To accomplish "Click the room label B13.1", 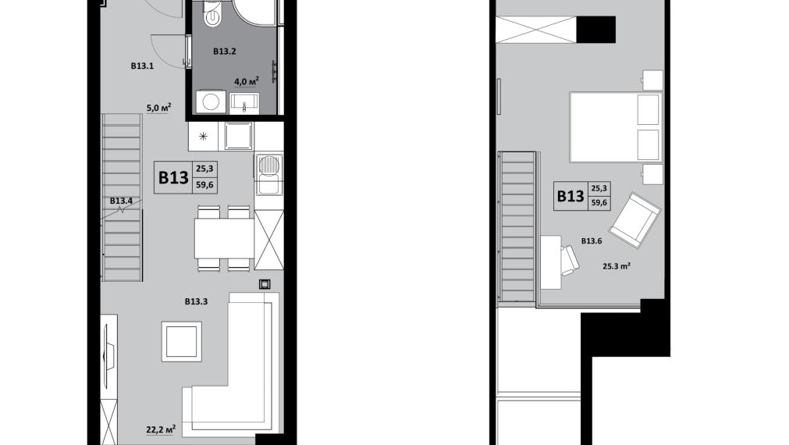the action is [x=142, y=66].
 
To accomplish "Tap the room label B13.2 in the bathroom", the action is [x=225, y=51].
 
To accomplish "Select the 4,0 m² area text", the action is [x=247, y=81].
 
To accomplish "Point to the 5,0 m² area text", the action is [x=159, y=108].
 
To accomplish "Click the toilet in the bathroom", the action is [x=213, y=13].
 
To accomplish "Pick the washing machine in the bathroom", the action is [x=211, y=101].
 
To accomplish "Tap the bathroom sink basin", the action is [x=244, y=103].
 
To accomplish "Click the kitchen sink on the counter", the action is [x=268, y=174].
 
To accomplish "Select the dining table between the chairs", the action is [x=225, y=237].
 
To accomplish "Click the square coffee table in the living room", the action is [x=182, y=341].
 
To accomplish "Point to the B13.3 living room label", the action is [x=196, y=301].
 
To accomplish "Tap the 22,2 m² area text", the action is [x=161, y=429].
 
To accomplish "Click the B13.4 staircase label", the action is [x=121, y=201].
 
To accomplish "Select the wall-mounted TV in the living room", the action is [x=108, y=348].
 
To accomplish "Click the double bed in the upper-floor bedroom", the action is [x=615, y=126].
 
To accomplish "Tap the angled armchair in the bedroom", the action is [x=634, y=220].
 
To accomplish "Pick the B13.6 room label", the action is [x=592, y=241].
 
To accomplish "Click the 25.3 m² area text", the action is [x=617, y=265].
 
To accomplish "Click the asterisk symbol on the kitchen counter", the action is [x=203, y=136].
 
